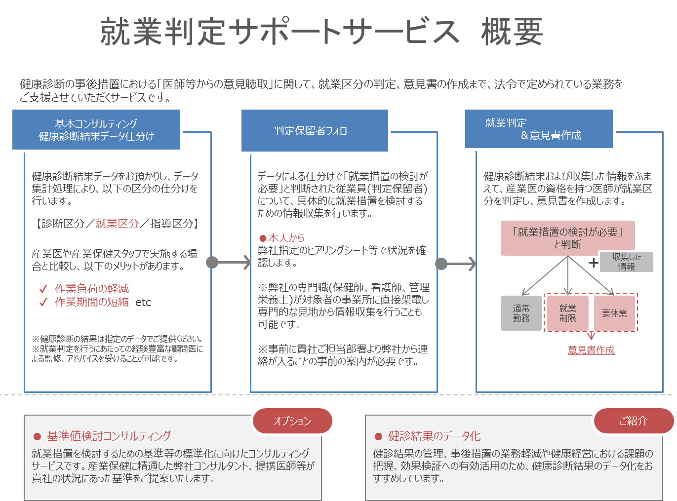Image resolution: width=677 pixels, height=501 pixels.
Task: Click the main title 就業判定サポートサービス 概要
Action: tap(321, 32)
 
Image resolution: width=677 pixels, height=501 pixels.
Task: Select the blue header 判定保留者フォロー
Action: tap(315, 130)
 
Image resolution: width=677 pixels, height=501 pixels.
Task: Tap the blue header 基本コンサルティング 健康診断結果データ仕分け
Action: tap(96, 129)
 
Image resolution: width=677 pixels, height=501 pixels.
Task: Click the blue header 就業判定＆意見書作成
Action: tap(538, 129)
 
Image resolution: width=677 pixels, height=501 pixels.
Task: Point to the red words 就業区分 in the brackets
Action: tap(117, 224)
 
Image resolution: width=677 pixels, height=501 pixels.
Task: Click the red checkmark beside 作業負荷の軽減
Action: tap(43, 288)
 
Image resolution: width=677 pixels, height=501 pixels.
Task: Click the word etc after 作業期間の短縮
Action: tap(143, 303)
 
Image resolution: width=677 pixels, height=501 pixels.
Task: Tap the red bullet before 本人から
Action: tap(263, 238)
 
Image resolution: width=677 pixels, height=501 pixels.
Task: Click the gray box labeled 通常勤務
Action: tap(521, 313)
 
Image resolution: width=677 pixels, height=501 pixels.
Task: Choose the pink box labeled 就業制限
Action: tap(567, 313)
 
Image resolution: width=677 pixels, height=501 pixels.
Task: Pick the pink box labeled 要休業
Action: tap(614, 313)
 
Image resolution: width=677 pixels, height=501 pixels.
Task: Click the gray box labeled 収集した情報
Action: tap(626, 262)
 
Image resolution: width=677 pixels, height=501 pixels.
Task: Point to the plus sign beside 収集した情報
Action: tap(594, 263)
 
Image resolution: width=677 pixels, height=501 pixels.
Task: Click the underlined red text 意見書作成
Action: tap(591, 349)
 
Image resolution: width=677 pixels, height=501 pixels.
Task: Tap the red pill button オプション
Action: tap(292, 421)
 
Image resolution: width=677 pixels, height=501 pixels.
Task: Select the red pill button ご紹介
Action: tap(634, 421)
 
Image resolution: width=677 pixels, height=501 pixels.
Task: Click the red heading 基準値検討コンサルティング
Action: tap(109, 436)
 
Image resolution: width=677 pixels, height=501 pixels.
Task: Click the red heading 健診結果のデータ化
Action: tap(434, 436)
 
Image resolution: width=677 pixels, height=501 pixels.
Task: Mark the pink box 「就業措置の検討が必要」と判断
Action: tap(567, 238)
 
